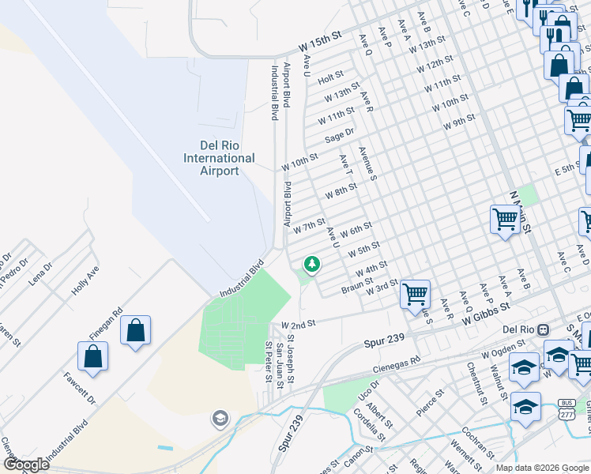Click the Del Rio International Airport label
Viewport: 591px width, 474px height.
(219, 158)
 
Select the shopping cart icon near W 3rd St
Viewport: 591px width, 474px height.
(415, 295)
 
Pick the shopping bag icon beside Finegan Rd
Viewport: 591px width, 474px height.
(135, 329)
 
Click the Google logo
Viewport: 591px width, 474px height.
(25, 465)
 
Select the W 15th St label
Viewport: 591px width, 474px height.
(319, 38)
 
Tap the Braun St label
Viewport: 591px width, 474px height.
(357, 289)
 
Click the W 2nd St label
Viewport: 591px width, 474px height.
(299, 325)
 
